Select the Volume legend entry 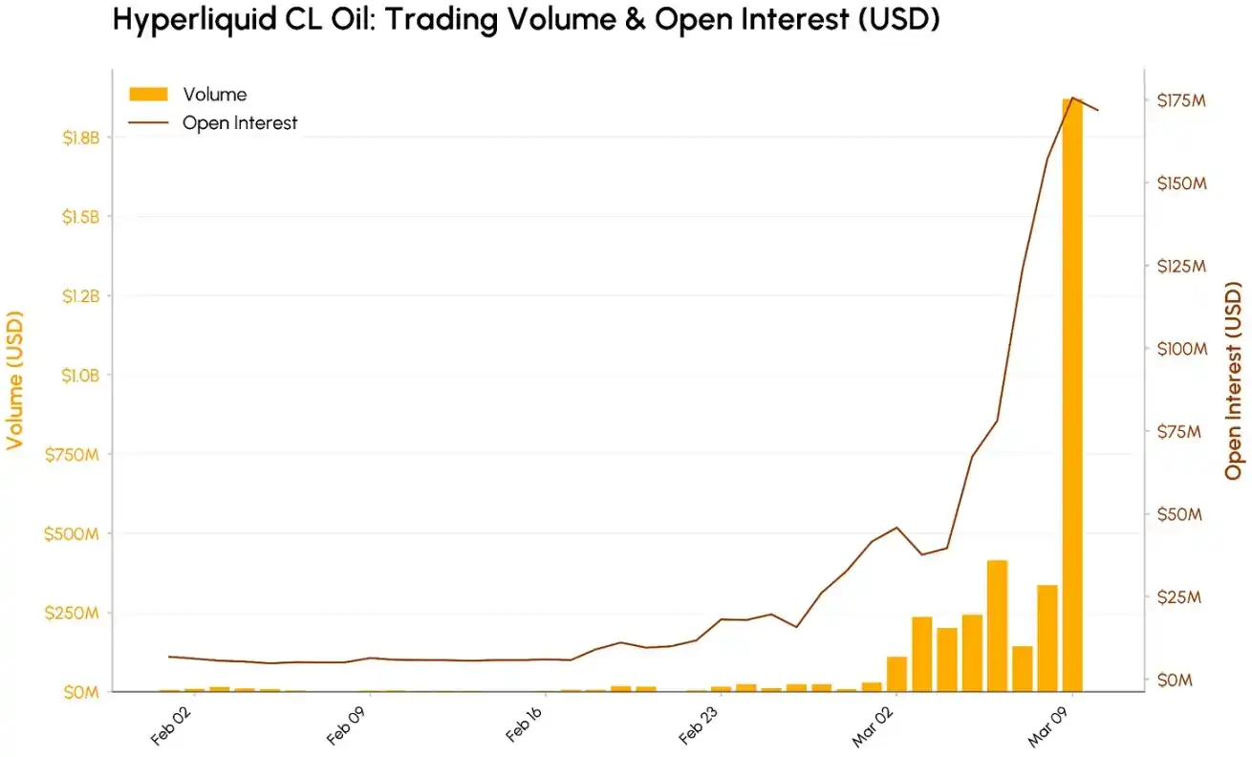214,94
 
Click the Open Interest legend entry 240,122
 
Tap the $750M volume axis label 72,454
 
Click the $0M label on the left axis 79,691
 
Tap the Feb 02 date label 173,726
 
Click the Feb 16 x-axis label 525,726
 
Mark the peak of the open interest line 1072,97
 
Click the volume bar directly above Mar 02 896,673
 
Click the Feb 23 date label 701,726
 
